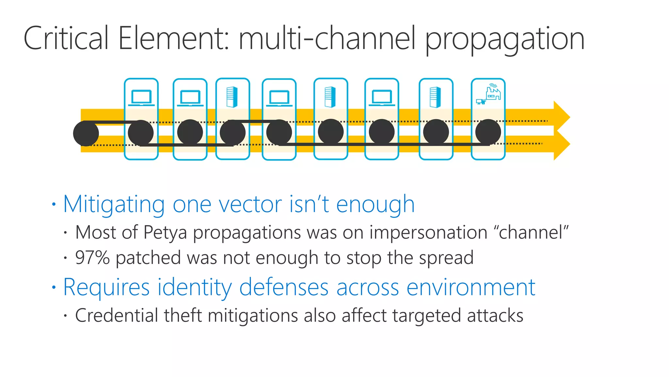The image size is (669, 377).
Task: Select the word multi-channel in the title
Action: click(327, 39)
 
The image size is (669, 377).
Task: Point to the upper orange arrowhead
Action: click(562, 117)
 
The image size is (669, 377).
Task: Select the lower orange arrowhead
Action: click(562, 145)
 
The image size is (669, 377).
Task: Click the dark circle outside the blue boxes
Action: click(86, 133)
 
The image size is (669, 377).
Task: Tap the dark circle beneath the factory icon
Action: click(488, 132)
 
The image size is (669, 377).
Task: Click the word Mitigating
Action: click(114, 205)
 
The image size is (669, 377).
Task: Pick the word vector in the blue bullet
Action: click(250, 204)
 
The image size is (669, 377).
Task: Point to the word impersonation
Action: click(428, 233)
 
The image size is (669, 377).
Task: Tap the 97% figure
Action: click(92, 258)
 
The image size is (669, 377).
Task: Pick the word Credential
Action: click(117, 315)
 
